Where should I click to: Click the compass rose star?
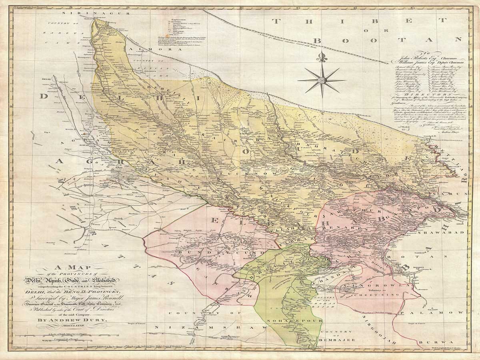pos(321,80)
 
